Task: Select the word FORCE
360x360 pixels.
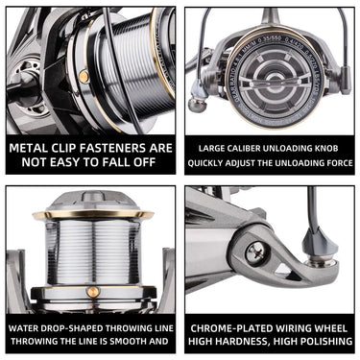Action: click(334, 162)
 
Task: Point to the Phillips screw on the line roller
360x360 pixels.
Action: click(255, 253)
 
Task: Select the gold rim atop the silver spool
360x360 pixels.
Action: click(91, 213)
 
